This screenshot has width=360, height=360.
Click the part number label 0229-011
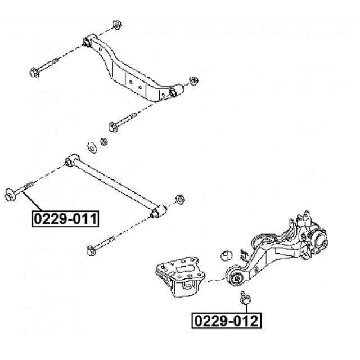65,218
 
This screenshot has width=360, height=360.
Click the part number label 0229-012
227,321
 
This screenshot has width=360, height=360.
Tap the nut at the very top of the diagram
118,25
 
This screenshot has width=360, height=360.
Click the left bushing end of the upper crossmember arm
88,41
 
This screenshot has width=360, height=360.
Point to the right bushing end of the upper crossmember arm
175,90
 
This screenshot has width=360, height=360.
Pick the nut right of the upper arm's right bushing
192,79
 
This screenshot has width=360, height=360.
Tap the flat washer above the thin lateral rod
92,146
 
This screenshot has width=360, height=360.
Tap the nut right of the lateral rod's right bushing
180,199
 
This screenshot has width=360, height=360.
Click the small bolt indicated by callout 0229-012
245,299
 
